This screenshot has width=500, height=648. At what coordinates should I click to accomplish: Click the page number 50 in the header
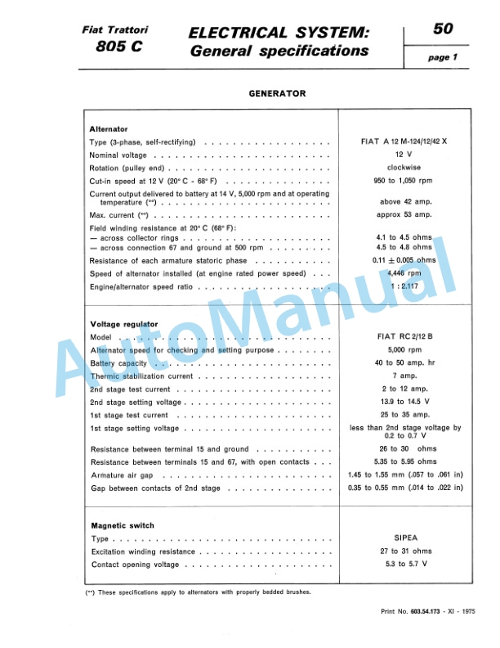pyautogui.click(x=443, y=29)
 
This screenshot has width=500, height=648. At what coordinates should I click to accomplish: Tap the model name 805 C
pyautogui.click(x=119, y=47)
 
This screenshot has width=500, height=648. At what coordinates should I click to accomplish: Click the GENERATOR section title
pyautogui.click(x=277, y=93)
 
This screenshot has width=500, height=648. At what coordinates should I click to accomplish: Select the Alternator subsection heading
pyautogui.click(x=109, y=129)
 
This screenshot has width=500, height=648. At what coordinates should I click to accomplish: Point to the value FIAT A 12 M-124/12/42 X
pyautogui.click(x=404, y=142)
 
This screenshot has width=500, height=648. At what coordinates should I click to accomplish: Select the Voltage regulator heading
pyautogui.click(x=124, y=324)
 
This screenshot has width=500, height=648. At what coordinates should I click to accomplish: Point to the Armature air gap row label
pyautogui.click(x=122, y=475)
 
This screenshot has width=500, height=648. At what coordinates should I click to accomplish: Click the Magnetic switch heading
pyautogui.click(x=122, y=525)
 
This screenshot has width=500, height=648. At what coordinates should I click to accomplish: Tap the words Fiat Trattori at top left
pyautogui.click(x=121, y=29)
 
